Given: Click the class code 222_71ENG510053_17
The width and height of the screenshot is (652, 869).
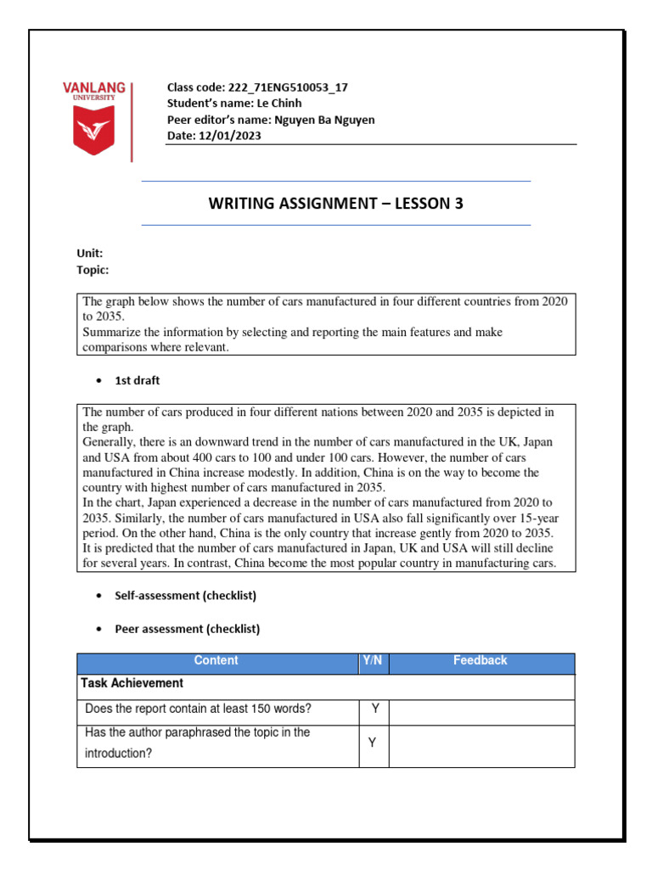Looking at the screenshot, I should click(287, 87).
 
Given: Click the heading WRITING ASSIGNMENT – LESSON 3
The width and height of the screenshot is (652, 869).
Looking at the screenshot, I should click(335, 204).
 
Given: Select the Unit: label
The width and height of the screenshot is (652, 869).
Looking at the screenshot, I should click(90, 253).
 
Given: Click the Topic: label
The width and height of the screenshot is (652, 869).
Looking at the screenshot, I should click(93, 270).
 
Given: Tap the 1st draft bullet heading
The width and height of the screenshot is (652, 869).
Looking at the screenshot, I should click(137, 380).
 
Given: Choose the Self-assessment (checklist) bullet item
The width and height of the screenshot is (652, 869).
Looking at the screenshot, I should click(185, 596).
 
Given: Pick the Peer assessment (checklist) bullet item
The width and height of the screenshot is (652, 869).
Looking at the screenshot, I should click(187, 629).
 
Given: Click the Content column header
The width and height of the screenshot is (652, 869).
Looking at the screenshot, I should click(216, 660).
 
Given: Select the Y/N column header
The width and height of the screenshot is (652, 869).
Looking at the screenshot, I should click(373, 660).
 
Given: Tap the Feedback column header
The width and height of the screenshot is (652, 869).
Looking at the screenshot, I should click(481, 660).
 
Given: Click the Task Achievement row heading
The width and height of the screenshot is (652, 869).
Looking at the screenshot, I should click(132, 683).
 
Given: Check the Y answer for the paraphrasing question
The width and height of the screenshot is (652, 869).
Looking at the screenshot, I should click(372, 743).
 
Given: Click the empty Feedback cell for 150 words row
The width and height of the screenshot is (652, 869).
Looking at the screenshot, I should click(481, 711).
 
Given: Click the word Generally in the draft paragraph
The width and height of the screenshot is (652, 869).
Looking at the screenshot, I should click(110, 442).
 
